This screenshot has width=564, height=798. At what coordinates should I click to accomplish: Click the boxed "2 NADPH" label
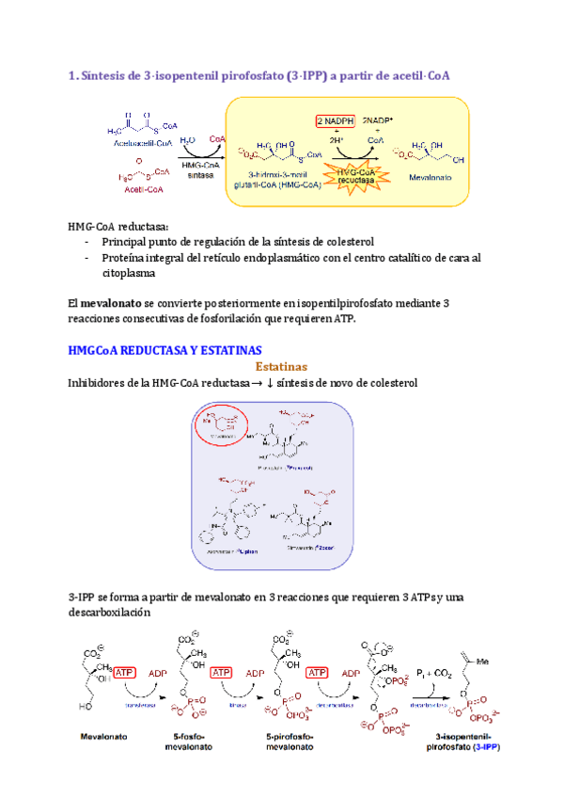(335, 120)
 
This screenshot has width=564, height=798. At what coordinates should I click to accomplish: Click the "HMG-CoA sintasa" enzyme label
(199, 170)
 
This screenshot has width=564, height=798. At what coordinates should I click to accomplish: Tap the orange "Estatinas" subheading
(281, 366)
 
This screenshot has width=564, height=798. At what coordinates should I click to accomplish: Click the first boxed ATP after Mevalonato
(126, 672)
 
